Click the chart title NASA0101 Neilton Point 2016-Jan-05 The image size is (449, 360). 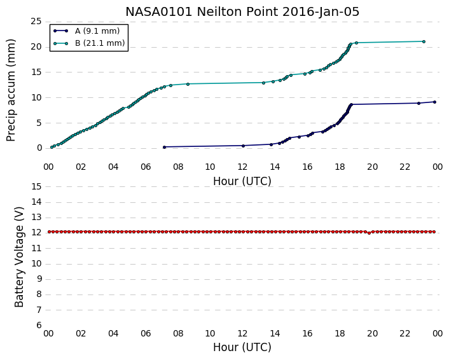[242, 11]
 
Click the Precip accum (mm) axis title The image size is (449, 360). [11, 90]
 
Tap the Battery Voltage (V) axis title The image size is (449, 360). [19, 257]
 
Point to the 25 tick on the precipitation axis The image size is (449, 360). [36, 21]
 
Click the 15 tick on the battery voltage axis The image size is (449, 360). [36, 187]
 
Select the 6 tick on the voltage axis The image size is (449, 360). [39, 326]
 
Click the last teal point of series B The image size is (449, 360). [424, 41]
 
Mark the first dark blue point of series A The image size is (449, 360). [164, 147]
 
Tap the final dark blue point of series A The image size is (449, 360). [434, 102]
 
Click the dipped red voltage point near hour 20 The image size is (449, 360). [369, 233]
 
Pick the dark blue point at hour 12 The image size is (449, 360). [244, 146]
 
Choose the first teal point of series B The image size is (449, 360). [52, 147]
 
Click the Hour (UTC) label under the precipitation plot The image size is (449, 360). [242, 181]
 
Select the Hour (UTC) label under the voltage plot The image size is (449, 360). [242, 347]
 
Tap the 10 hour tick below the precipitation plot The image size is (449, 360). [210, 167]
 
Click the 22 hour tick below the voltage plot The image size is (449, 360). [405, 333]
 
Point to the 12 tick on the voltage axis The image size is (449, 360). [36, 233]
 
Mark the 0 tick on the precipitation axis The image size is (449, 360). [39, 148]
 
